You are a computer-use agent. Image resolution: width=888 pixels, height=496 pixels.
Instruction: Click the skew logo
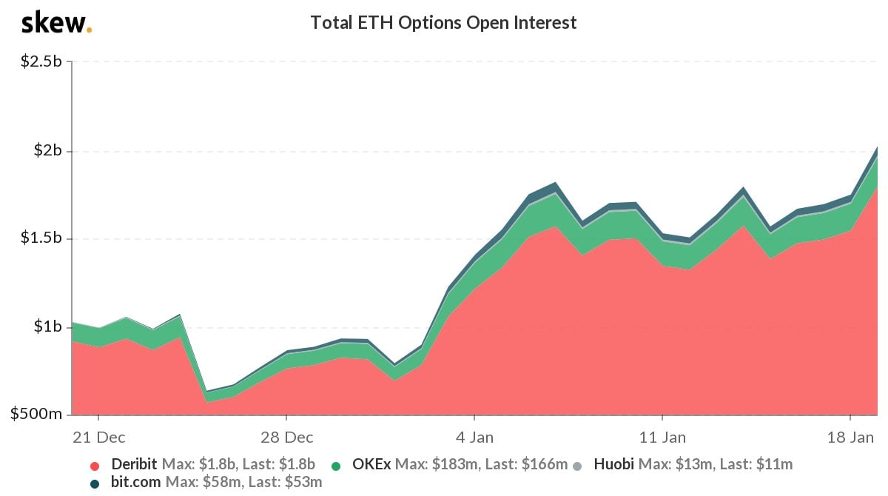click(56, 23)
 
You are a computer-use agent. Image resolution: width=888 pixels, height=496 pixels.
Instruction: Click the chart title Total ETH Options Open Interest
click(443, 23)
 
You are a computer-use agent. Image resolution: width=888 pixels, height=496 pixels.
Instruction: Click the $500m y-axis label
click(37, 414)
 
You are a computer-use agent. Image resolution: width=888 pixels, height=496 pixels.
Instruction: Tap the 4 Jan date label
click(474, 437)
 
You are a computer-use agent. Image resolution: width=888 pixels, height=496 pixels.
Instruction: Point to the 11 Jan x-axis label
click(662, 437)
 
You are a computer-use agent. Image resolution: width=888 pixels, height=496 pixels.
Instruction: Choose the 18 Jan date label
click(851, 437)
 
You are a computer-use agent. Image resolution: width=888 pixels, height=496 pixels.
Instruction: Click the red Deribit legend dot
click(94, 466)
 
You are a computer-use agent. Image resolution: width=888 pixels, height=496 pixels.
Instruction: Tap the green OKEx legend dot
click(336, 466)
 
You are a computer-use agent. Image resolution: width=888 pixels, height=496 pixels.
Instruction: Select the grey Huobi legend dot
click(578, 466)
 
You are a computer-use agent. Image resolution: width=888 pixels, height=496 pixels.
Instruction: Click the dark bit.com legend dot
click(94, 483)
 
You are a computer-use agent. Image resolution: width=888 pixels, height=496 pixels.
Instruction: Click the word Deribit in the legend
click(134, 465)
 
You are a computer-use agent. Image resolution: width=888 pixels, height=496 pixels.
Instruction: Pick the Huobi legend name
click(614, 465)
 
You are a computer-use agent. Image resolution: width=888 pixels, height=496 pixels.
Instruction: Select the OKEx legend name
click(371, 465)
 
